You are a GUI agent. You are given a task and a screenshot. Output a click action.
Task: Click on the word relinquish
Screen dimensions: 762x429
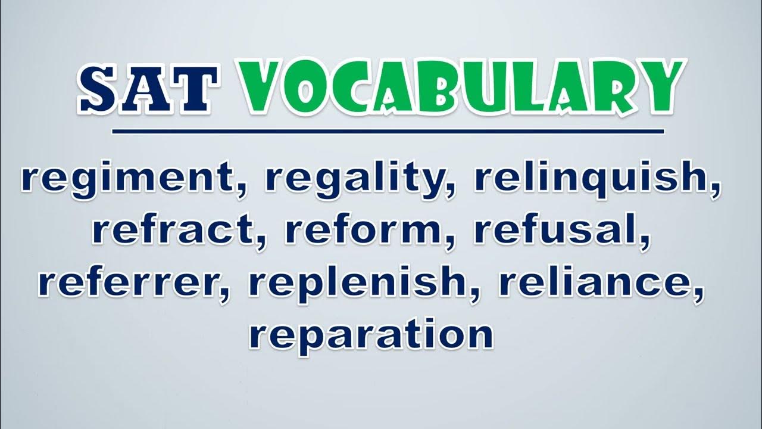click(592, 181)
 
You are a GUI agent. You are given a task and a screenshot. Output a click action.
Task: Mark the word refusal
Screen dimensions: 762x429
click(557, 232)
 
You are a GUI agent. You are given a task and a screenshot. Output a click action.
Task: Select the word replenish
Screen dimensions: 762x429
click(357, 286)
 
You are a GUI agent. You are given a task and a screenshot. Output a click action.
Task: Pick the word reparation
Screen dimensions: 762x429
click(371, 337)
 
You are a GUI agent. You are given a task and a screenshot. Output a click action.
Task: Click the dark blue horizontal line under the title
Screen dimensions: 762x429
click(388, 132)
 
